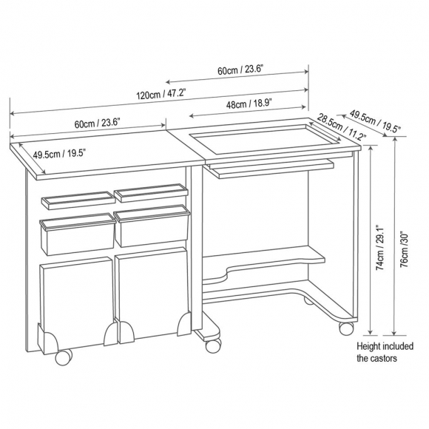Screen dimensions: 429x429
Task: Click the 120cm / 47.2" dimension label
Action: (161, 95)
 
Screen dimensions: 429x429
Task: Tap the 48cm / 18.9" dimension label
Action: (249, 104)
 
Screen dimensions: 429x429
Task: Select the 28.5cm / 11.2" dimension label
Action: (342, 127)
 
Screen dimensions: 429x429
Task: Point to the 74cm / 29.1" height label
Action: (380, 248)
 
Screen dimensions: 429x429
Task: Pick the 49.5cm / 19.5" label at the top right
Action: (376, 121)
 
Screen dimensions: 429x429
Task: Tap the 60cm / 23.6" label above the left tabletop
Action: (98, 124)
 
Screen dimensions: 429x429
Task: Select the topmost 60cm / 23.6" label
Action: (240, 70)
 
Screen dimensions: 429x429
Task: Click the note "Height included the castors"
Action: (385, 352)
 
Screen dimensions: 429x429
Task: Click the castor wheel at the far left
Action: (63, 357)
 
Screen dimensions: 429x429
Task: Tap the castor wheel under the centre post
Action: (213, 345)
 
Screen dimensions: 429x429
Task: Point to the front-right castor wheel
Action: (346, 328)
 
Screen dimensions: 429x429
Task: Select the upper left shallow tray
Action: (78, 200)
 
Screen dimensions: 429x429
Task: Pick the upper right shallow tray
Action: (152, 193)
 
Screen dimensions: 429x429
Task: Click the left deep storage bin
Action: (77, 234)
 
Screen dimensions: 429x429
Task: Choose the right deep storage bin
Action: (152, 226)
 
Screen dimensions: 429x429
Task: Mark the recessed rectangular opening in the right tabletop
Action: (265, 139)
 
